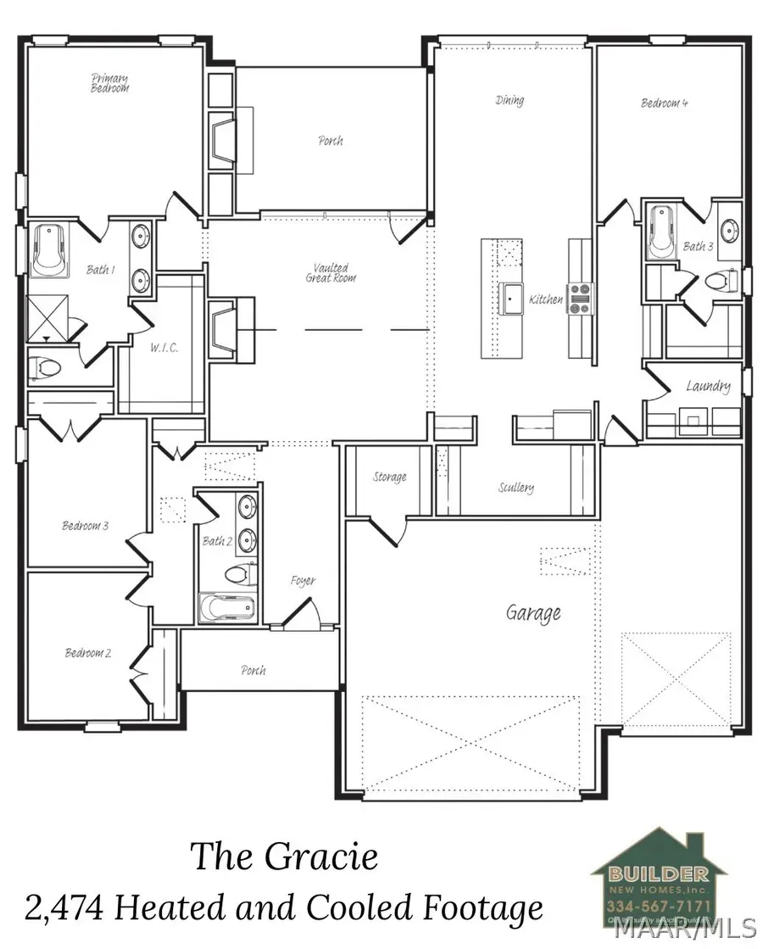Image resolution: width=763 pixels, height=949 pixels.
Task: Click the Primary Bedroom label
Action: [x=110, y=82]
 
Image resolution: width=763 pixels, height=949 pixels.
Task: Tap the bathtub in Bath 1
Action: [x=49, y=251]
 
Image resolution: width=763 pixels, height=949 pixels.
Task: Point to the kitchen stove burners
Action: [x=579, y=298]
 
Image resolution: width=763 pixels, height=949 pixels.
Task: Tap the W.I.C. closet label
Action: [x=163, y=349]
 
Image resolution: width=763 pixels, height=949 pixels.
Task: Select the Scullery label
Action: [x=516, y=488]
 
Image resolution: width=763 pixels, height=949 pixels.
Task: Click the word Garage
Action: [x=533, y=611]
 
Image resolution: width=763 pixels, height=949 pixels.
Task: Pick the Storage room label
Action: [x=390, y=477]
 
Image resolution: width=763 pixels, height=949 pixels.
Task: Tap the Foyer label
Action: [x=303, y=581]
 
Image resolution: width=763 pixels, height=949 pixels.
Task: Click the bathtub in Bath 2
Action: [x=226, y=607]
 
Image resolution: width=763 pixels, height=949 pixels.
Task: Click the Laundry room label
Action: [x=708, y=387]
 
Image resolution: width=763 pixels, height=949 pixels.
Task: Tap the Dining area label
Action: [x=510, y=100]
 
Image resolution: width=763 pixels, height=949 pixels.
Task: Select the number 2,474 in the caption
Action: [x=64, y=909]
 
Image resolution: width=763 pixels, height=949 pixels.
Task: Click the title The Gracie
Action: [x=283, y=857]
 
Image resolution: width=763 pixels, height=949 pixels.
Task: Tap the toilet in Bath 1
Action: [x=47, y=368]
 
